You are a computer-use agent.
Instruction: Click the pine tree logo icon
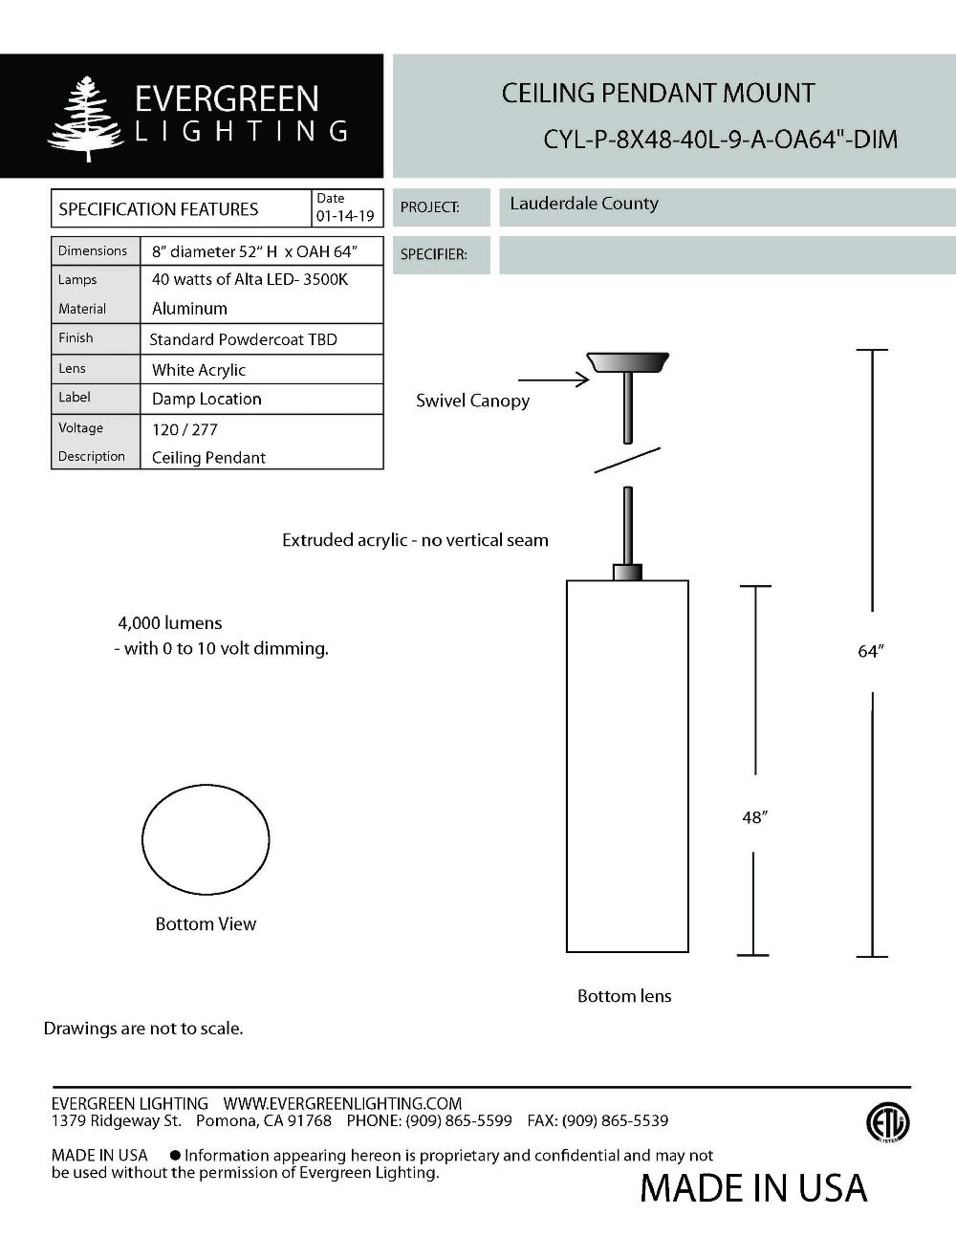86,119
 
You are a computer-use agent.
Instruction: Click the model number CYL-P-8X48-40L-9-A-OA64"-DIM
721,140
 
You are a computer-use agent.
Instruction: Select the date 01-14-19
345,216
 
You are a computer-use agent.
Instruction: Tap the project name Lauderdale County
584,204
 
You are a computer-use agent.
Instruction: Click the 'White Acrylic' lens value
199,370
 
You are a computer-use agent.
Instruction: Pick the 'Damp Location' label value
206,399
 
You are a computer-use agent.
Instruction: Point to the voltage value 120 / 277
185,429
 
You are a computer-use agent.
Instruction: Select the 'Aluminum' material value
189,309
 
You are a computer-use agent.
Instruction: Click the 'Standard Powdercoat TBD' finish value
243,339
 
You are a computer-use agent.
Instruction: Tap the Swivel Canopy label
472,401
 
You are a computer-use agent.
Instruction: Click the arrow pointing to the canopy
554,380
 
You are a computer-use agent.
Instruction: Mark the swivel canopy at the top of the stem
627,362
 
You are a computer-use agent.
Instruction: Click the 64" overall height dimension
871,651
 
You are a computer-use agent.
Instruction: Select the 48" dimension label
754,817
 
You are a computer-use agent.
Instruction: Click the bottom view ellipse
206,840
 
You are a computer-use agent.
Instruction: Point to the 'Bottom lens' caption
624,996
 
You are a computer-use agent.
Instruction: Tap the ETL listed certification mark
887,1123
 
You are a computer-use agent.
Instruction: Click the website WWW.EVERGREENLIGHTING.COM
342,1103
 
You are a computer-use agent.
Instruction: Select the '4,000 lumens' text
170,623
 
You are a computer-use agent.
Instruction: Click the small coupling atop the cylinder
627,573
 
